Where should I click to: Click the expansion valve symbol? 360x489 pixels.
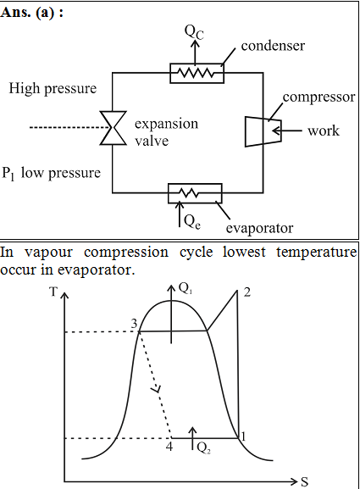(x=114, y=128)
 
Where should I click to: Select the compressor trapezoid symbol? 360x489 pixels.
(x=263, y=131)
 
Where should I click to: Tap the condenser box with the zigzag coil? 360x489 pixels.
(x=197, y=73)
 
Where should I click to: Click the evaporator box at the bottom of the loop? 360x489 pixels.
(x=195, y=193)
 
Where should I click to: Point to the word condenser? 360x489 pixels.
(x=273, y=46)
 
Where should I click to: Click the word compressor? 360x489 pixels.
(x=318, y=97)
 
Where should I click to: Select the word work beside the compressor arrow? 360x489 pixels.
(x=324, y=131)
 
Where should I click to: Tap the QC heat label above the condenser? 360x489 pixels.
(x=194, y=32)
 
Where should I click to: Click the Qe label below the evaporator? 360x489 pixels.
(x=192, y=222)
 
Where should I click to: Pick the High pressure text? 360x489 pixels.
(x=53, y=88)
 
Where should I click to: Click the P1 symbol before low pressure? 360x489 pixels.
(x=8, y=174)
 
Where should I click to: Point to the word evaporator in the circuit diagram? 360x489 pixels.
(x=259, y=228)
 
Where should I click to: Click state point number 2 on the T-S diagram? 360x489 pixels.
(x=246, y=292)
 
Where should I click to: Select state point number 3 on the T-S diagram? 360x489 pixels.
(x=134, y=324)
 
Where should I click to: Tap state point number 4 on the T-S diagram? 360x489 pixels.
(x=169, y=447)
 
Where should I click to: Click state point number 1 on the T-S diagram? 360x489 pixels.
(x=243, y=436)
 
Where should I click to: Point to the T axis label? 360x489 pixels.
(x=53, y=292)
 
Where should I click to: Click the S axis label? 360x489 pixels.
(x=304, y=482)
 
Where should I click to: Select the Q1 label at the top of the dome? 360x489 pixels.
(x=186, y=289)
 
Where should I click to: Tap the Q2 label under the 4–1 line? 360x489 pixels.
(x=204, y=448)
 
